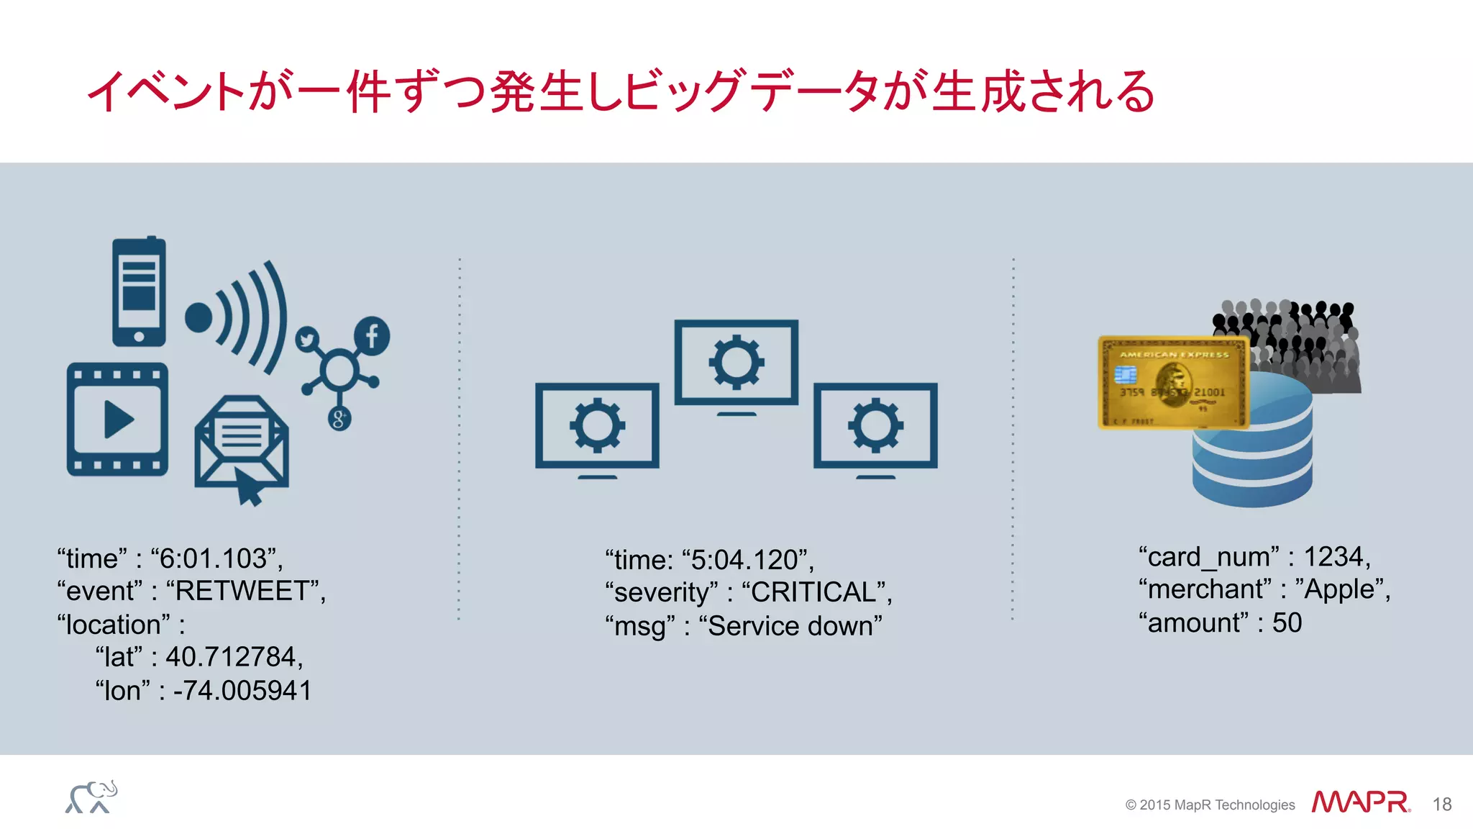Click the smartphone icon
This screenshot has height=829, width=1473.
point(139,291)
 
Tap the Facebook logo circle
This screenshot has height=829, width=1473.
point(372,335)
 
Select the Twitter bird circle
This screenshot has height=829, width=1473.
point(308,340)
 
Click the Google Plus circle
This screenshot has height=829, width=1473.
point(339,418)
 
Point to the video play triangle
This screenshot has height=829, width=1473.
point(118,420)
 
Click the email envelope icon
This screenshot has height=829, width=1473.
point(242,446)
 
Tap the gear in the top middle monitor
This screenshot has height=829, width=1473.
point(736,362)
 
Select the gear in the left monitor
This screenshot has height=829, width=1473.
point(597,425)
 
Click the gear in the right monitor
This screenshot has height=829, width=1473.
point(875,425)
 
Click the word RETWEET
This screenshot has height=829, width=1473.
point(242,592)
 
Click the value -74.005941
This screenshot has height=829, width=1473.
point(242,691)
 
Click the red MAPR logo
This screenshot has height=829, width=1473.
point(1360,802)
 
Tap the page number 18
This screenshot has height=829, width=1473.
point(1441,805)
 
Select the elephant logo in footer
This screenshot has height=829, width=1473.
point(91,797)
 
